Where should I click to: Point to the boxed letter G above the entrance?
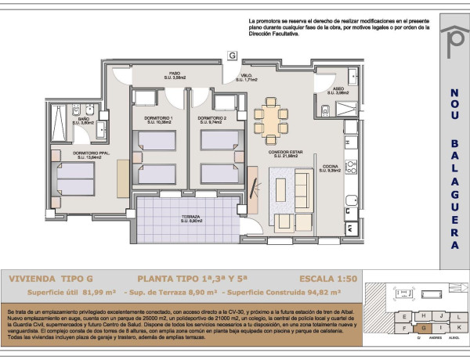(232, 55)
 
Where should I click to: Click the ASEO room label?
(338, 92)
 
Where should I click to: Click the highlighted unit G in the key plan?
(423, 328)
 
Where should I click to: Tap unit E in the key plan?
(403, 315)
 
